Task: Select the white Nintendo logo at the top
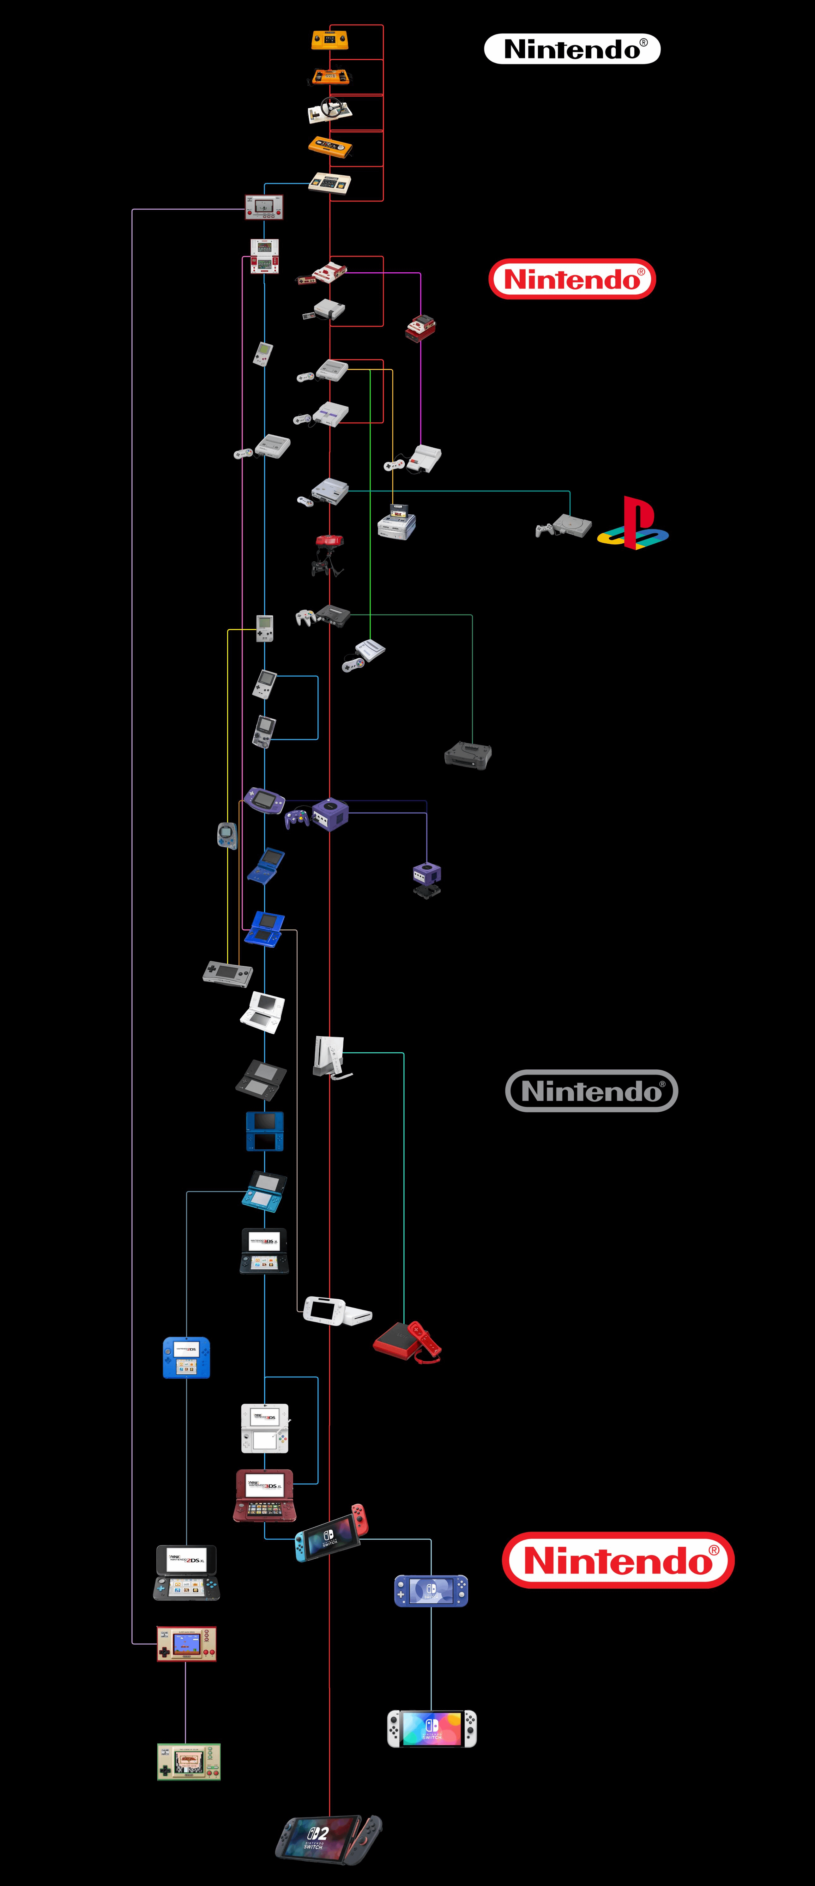click(x=572, y=49)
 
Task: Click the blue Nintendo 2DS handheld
click(x=186, y=1357)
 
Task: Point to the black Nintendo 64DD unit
click(x=468, y=755)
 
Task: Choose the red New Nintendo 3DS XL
click(x=264, y=1495)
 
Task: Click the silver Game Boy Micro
click(x=228, y=974)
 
